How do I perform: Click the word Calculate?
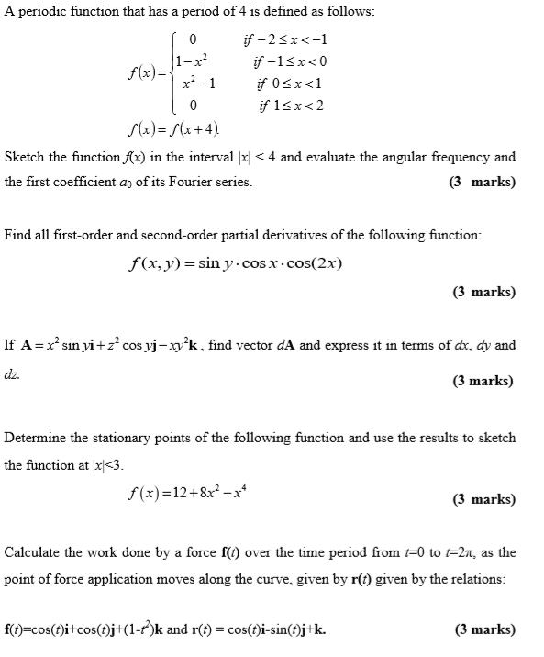point(34,552)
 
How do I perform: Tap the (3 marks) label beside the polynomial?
point(484,500)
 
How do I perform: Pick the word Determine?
point(38,438)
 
